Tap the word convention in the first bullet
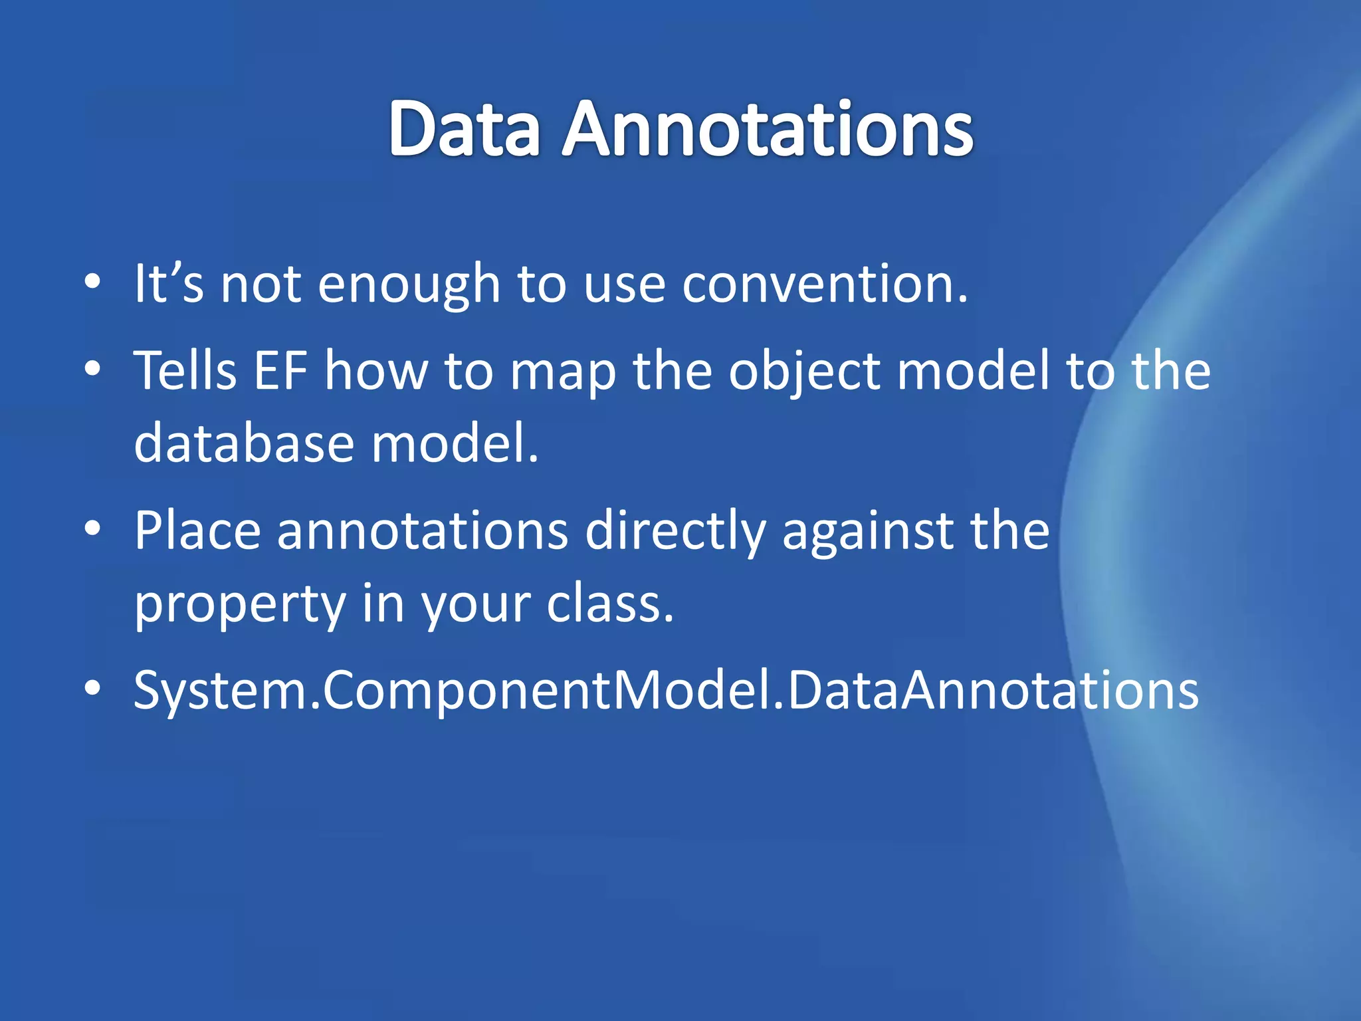(x=824, y=284)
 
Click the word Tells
(x=185, y=370)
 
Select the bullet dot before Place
(x=92, y=529)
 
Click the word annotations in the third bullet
(x=422, y=530)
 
